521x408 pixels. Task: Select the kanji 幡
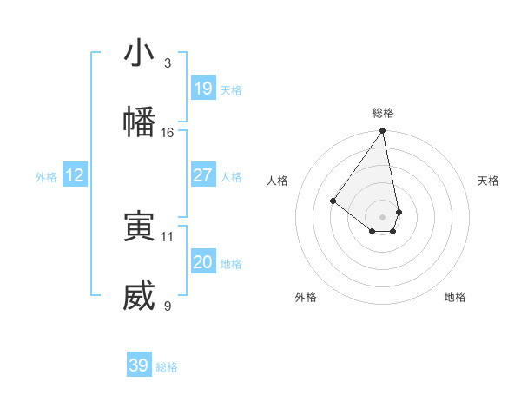139,121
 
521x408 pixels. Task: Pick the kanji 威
139,296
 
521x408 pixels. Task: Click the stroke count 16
168,133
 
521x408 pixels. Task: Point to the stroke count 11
168,236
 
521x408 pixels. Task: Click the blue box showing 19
203,89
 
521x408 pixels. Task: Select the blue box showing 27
203,175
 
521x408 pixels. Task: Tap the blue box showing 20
203,262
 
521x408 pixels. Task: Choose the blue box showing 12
75,175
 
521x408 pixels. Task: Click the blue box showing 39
139,365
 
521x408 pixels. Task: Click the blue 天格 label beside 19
231,90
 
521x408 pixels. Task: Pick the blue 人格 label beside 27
231,177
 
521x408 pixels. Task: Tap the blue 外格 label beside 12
46,177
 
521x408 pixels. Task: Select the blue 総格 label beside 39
167,367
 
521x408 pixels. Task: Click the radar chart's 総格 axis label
383,113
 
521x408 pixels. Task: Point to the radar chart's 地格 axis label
455,297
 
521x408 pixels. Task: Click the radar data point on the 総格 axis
383,131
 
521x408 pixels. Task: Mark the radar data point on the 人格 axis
333,201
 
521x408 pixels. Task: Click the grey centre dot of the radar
383,216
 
